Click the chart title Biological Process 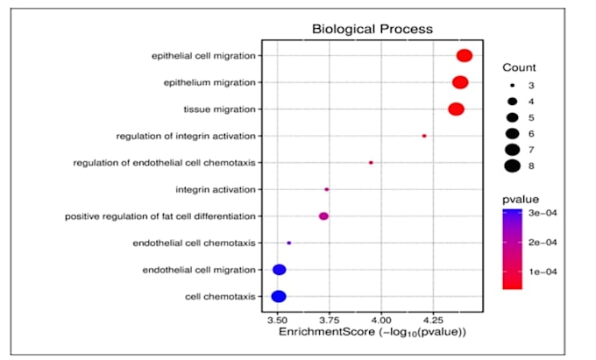tap(372, 29)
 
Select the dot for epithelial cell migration tap(465, 55)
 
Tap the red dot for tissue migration tap(456, 109)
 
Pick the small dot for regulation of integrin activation tap(424, 136)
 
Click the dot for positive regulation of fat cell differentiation tap(323, 216)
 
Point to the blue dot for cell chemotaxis tap(279, 296)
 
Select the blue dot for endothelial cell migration tap(280, 270)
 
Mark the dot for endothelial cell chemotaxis tap(289, 243)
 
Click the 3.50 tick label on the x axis tap(277, 320)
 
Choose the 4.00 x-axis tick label tap(381, 320)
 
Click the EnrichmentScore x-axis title tap(372, 332)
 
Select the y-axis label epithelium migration tap(209, 82)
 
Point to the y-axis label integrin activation tap(216, 189)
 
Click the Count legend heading tap(519, 67)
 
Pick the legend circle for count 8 tap(513, 166)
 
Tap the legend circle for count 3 tap(513, 86)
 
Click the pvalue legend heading tap(521, 200)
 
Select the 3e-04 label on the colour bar tap(543, 213)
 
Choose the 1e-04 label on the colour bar tap(543, 272)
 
